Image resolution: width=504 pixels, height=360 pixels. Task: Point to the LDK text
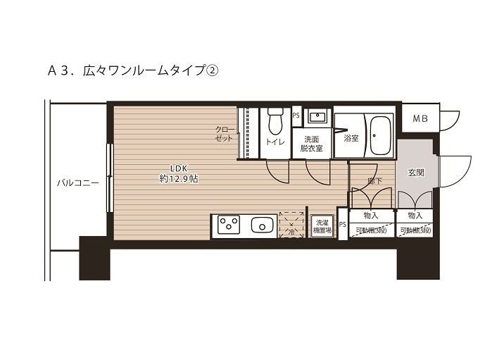coord(178,168)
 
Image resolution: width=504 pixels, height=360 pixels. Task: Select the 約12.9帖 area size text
coord(178,180)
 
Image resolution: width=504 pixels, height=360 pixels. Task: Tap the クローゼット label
coord(225,134)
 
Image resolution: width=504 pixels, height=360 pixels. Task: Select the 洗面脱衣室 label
coord(311,144)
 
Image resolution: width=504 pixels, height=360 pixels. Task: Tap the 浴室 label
coord(351,138)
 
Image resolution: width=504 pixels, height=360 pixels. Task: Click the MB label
coord(420,118)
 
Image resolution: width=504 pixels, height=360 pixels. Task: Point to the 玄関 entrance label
coord(415,173)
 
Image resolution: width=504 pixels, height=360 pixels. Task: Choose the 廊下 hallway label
coord(374,181)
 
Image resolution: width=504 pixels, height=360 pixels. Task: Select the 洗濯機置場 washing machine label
coord(322,225)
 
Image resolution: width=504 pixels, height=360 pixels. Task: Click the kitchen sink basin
coord(263,225)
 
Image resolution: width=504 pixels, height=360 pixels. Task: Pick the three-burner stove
coord(228,225)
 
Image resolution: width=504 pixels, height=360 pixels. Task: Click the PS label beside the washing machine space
coord(343,225)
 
